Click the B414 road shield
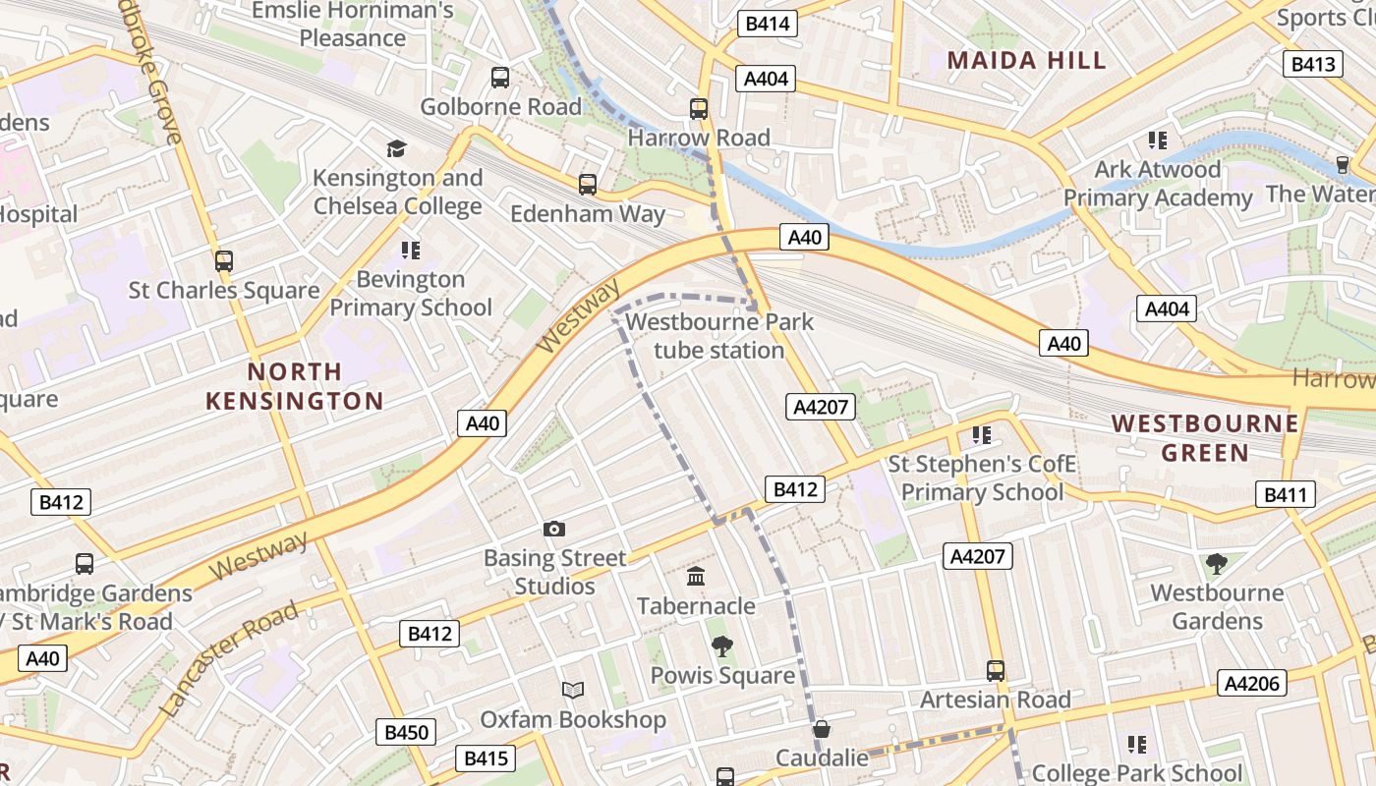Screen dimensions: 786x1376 [767, 24]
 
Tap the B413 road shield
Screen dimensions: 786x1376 [1312, 64]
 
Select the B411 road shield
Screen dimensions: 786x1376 [1285, 494]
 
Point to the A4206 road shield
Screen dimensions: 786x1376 [1252, 683]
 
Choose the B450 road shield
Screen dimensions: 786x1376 [406, 732]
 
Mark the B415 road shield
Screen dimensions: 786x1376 [485, 758]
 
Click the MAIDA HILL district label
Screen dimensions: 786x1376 [1026, 60]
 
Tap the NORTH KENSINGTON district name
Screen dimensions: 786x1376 [295, 386]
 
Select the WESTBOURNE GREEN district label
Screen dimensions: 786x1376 [1205, 438]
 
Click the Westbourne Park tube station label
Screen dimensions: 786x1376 [719, 336]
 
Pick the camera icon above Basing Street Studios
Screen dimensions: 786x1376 [554, 530]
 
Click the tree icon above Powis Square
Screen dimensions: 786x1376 [722, 646]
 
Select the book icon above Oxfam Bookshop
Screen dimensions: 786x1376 [573, 690]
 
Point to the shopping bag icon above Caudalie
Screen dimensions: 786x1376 [822, 729]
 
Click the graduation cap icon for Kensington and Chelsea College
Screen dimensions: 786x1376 [396, 148]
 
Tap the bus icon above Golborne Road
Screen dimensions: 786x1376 [500, 78]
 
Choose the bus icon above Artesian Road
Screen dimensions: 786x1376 [996, 671]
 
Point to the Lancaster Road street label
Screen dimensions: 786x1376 [228, 658]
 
